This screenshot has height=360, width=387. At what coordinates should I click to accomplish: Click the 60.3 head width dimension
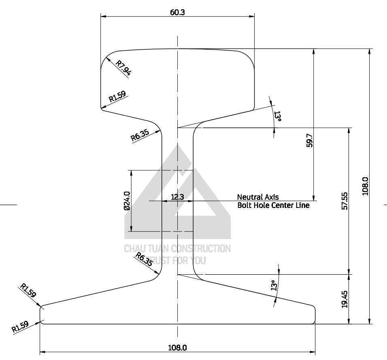point(177,12)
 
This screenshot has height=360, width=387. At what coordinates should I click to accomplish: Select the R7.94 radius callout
point(123,68)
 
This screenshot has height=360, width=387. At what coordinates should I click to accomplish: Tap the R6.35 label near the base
point(144,259)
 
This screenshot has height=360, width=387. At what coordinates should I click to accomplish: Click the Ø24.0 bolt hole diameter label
point(127,201)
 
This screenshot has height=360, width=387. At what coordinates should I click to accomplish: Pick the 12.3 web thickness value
point(177,197)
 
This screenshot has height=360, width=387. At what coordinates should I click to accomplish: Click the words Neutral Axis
point(258,197)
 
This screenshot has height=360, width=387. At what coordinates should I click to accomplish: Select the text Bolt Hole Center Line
point(273,205)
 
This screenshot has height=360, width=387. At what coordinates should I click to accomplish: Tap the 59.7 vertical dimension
point(309,140)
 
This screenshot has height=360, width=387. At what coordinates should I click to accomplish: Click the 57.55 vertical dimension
point(344,201)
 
